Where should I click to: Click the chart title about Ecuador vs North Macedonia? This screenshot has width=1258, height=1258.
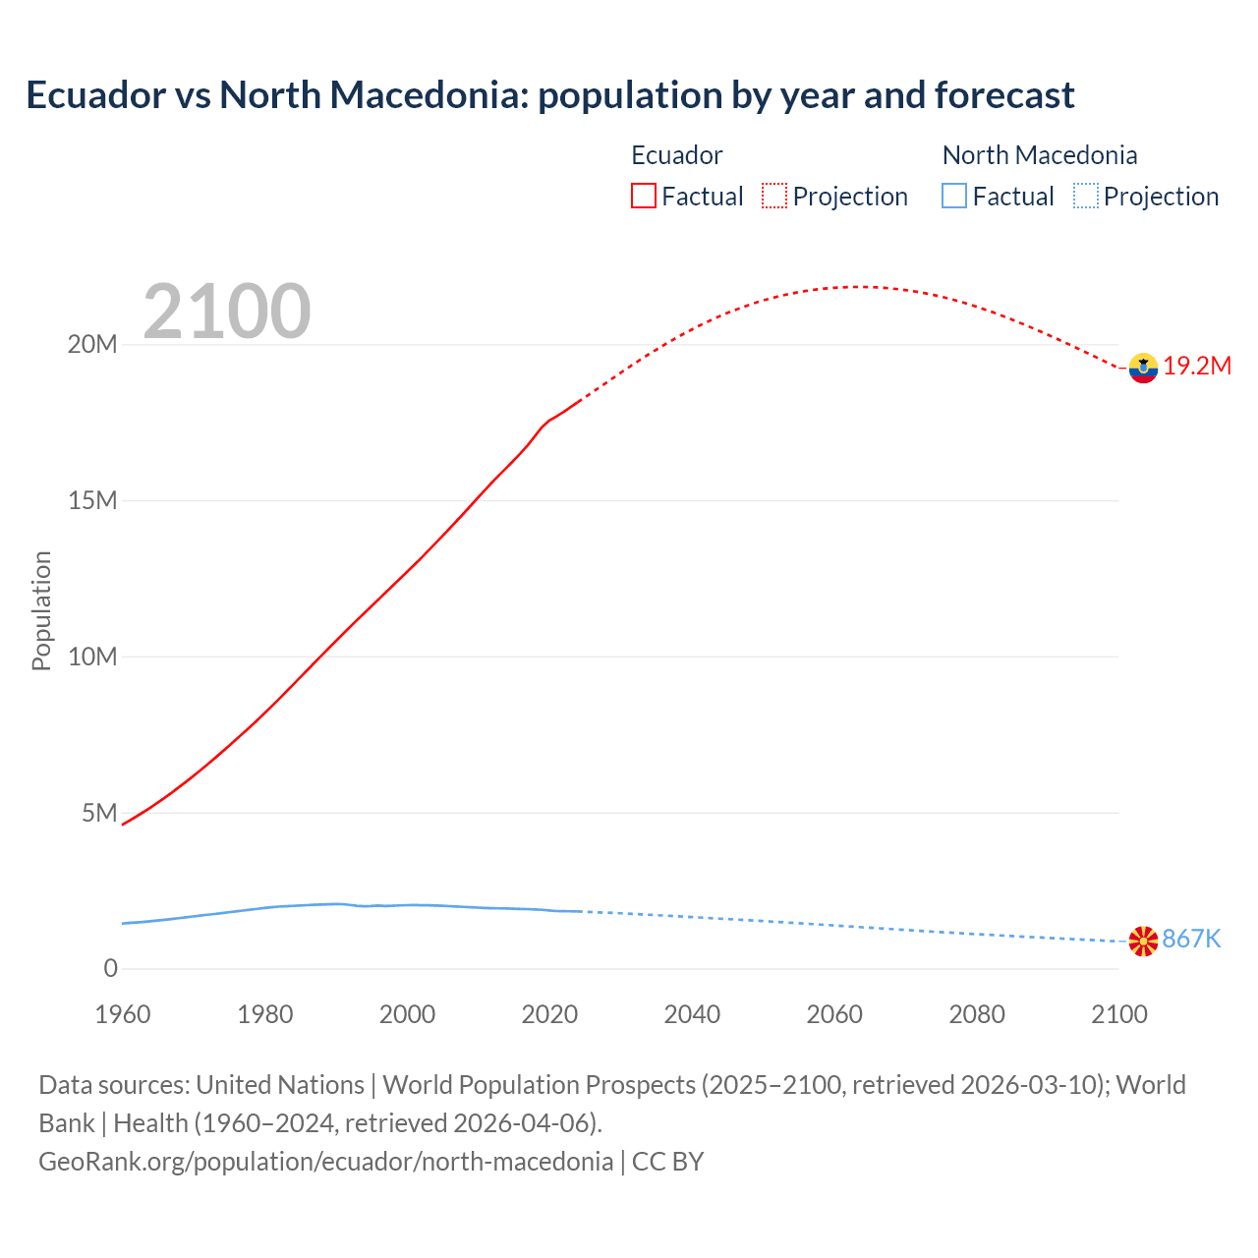[550, 95]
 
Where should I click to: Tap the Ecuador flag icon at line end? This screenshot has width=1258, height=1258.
[1143, 368]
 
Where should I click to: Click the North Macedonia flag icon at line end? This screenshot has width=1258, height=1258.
[1143, 941]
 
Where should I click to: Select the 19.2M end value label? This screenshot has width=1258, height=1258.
[1197, 367]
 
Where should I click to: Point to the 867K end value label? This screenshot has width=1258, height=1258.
[1191, 940]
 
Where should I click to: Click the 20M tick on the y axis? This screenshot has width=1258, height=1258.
[92, 345]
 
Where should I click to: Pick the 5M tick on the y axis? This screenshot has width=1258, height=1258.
[99, 814]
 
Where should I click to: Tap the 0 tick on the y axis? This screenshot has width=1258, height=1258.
[110, 969]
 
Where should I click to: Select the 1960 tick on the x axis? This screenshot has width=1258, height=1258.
[123, 1014]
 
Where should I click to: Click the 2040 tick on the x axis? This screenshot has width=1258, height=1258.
[692, 1014]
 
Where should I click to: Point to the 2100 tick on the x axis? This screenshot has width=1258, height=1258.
[1118, 1014]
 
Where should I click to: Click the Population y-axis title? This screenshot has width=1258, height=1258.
[41, 610]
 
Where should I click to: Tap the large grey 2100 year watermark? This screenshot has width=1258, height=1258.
[227, 313]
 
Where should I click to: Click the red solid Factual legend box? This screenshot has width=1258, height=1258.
[644, 196]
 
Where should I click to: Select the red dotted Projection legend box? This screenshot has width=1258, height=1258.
[774, 196]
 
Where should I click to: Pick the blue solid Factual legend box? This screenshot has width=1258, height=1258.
[954, 196]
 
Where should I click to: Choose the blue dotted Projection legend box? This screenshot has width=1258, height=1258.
[1085, 196]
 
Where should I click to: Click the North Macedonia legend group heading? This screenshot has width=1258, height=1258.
[1039, 155]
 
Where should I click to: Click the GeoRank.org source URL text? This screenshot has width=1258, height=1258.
[325, 1162]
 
